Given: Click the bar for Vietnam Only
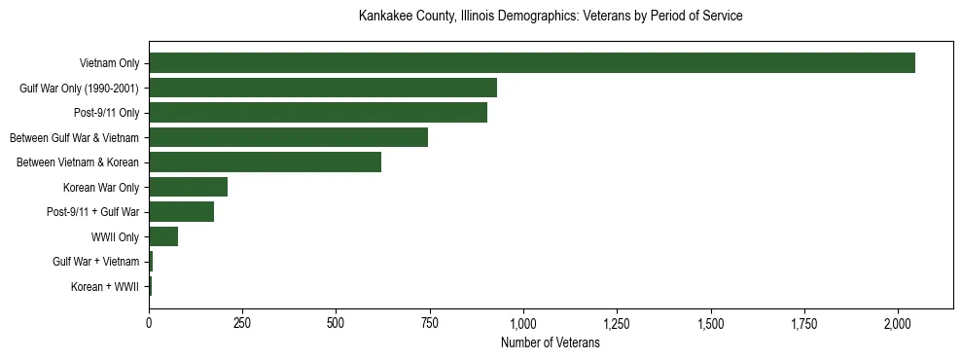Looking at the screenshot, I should (x=531, y=63).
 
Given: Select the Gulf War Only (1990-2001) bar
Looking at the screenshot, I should (x=323, y=88).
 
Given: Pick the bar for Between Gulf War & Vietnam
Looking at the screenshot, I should (x=288, y=137).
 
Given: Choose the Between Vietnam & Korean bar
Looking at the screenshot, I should (x=265, y=162).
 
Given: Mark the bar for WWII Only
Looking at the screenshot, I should (x=163, y=236).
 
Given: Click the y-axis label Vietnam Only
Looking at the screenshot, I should (x=109, y=64).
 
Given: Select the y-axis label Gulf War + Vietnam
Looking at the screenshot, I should (x=96, y=262).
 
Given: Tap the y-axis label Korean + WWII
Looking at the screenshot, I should (x=105, y=287).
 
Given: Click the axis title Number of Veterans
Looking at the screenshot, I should (x=550, y=343).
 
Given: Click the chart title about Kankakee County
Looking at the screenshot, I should (x=550, y=17).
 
